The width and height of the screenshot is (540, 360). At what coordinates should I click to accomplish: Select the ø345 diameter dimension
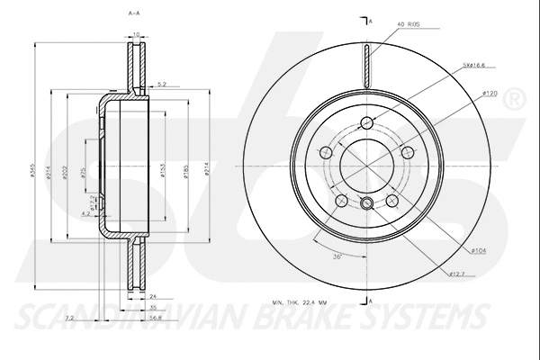coord(33,173)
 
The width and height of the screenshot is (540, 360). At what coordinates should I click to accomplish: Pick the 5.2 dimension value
coord(161,84)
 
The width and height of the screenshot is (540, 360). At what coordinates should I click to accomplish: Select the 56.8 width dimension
coord(156,317)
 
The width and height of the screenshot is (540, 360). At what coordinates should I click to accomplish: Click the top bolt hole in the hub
coord(367,124)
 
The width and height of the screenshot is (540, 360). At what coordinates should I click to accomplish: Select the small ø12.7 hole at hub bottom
coord(367,202)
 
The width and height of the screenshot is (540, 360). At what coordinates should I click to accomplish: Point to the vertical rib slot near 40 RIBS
coord(367,63)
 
